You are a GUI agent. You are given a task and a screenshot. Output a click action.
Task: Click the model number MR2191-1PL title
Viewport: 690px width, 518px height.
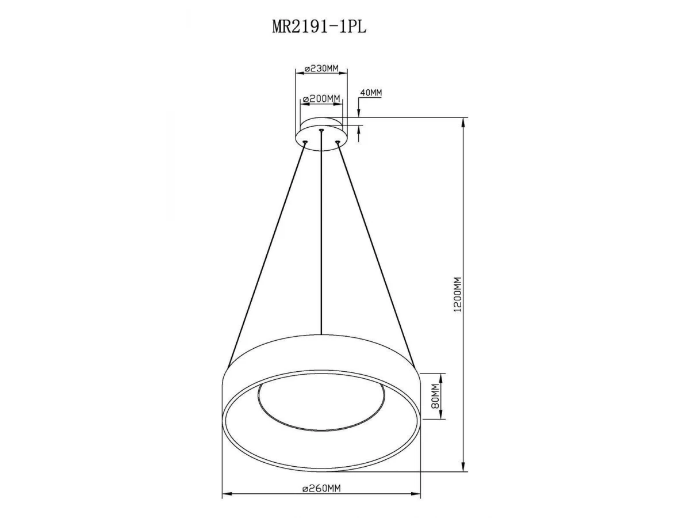click(319, 27)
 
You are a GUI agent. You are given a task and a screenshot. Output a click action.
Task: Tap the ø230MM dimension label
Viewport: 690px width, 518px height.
click(321, 68)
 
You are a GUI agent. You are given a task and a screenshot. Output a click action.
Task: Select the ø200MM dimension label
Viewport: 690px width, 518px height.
click(321, 99)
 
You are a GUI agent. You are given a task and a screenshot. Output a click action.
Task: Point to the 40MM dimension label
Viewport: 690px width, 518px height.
click(371, 93)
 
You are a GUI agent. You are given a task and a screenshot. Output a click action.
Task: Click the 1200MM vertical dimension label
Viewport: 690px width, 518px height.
click(458, 294)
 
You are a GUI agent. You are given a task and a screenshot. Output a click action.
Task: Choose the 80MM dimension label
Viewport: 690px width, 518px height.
click(435, 397)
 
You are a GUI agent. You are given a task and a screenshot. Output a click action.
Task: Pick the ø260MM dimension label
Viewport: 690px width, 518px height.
click(321, 488)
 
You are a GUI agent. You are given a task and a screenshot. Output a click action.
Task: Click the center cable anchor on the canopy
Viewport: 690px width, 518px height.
click(321, 129)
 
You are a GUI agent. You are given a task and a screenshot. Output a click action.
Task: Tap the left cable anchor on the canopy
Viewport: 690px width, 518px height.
click(304, 142)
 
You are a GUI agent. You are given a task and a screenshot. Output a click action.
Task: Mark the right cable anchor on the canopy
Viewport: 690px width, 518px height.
click(338, 142)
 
